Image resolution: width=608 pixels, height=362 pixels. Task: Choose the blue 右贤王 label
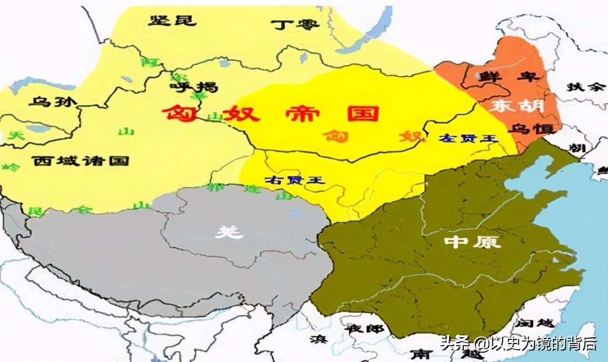[x=295, y=180]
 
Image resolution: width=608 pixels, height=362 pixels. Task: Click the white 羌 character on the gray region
[x=228, y=232]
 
